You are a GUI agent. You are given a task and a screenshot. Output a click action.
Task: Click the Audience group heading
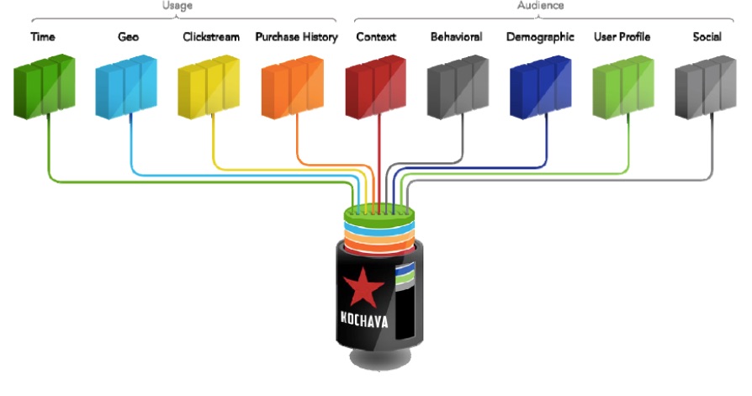tap(540, 5)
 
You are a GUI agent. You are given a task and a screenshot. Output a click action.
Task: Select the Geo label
tap(129, 37)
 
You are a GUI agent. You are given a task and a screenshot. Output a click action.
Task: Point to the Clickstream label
tap(211, 37)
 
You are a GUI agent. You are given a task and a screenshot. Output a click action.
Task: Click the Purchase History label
tap(296, 37)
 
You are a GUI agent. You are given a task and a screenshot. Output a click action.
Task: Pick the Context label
tap(376, 37)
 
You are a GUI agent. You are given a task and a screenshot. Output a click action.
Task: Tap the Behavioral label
tap(456, 37)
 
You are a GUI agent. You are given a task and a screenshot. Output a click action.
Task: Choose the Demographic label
tap(540, 37)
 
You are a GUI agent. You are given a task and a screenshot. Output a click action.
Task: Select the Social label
tap(707, 37)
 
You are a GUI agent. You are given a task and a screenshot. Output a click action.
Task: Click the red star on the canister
tap(361, 288)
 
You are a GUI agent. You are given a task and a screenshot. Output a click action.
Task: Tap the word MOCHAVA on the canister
tap(360, 320)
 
